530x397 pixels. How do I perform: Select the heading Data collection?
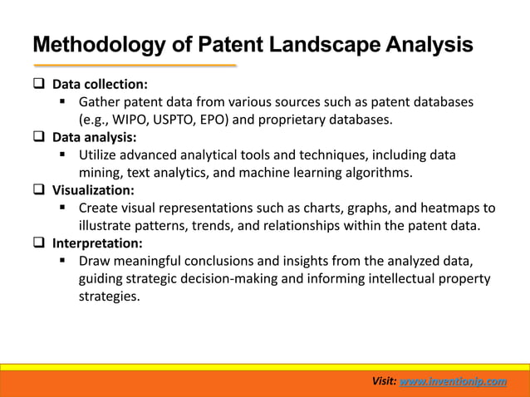[101, 85]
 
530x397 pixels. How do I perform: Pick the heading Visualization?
[93, 190]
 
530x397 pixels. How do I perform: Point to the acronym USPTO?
[190, 120]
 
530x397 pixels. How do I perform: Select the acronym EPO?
[237, 120]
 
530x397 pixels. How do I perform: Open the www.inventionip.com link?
[453, 380]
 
